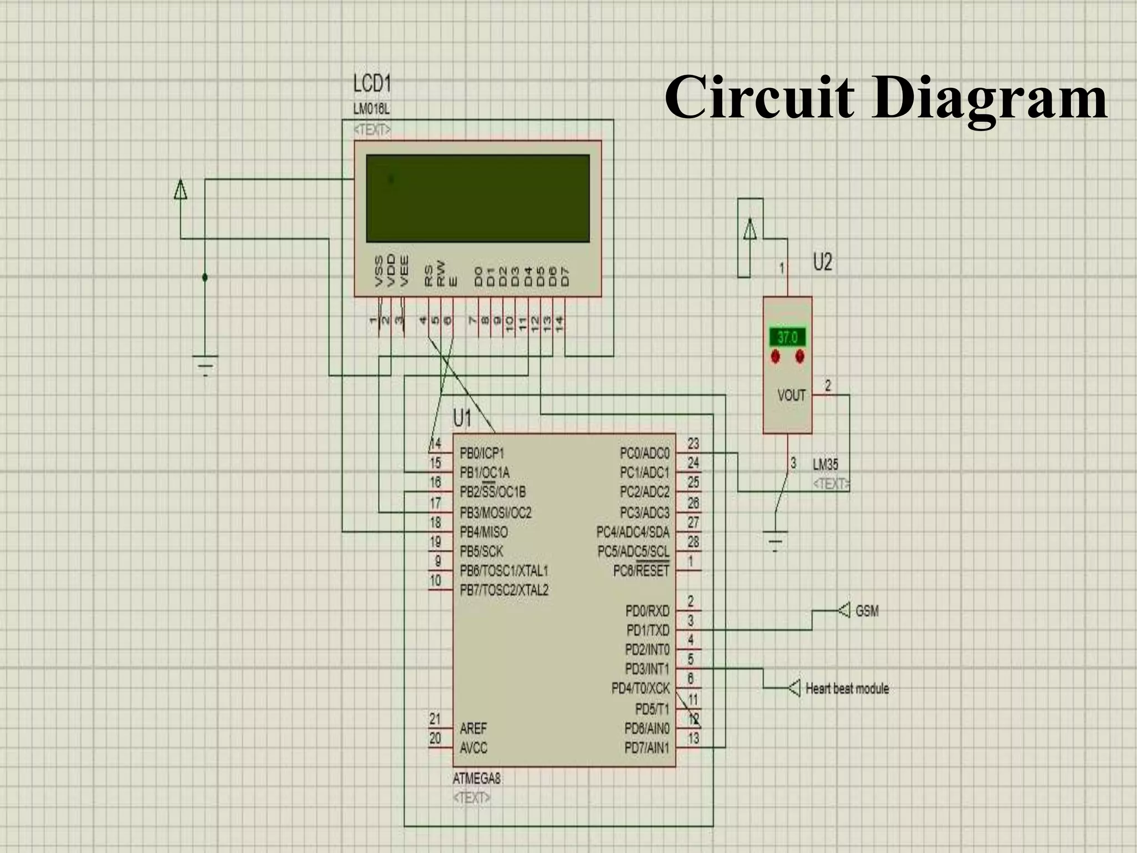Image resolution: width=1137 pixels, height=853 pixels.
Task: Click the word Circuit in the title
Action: [x=758, y=98]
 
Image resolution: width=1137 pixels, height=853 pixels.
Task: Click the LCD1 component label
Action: [x=372, y=84]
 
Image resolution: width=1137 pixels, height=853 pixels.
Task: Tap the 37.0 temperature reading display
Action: [x=787, y=337]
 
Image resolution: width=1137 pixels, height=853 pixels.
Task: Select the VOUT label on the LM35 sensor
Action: [x=791, y=395]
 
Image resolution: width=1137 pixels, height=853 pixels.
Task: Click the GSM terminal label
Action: [x=867, y=611]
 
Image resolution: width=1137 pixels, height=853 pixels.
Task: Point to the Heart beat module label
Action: [x=847, y=689]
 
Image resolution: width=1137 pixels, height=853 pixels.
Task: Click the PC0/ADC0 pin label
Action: [x=645, y=454]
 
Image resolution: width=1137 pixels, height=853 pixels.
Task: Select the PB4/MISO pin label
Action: [x=484, y=532]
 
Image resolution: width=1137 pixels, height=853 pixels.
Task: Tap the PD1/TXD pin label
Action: [x=647, y=630]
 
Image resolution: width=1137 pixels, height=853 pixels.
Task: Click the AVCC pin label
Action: [x=473, y=748]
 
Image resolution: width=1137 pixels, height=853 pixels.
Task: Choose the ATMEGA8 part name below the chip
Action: [x=476, y=779]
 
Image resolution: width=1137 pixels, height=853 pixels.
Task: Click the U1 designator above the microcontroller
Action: [x=462, y=418]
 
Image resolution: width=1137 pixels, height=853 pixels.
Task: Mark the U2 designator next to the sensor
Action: [x=822, y=262]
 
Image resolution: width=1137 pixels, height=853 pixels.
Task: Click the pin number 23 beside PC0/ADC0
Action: [x=693, y=444]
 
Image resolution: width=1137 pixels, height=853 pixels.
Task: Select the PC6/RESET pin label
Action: [x=641, y=571]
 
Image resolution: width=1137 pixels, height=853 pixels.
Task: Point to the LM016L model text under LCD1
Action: [x=371, y=109]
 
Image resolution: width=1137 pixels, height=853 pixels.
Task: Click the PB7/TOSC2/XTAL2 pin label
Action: [x=504, y=590]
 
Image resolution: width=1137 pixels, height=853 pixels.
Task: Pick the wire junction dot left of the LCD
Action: [x=205, y=277]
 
